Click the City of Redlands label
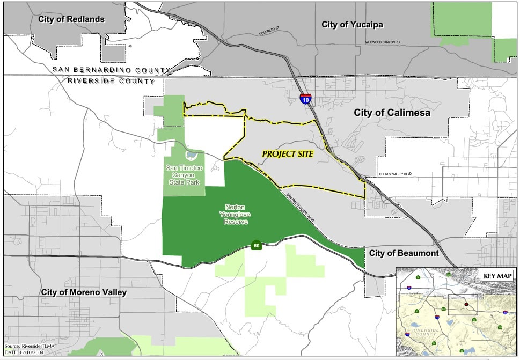pos(71,19)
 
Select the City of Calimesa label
pos(392,113)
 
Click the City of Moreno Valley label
pos(84,292)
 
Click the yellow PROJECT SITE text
pos(288,153)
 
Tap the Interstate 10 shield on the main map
pos(305,99)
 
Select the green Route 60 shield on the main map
pos(257,246)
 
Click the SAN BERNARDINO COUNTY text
pos(111,70)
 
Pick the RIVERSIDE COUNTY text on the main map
pos(111,81)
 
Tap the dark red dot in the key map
pos(466,304)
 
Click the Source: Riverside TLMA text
pos(28,346)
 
